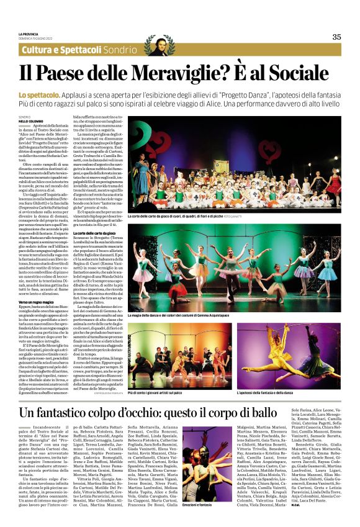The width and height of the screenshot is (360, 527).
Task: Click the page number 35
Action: (x=336, y=37)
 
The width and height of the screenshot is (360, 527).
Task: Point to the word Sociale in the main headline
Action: (x=301, y=73)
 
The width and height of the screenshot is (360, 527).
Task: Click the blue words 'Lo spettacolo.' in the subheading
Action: (x=39, y=94)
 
